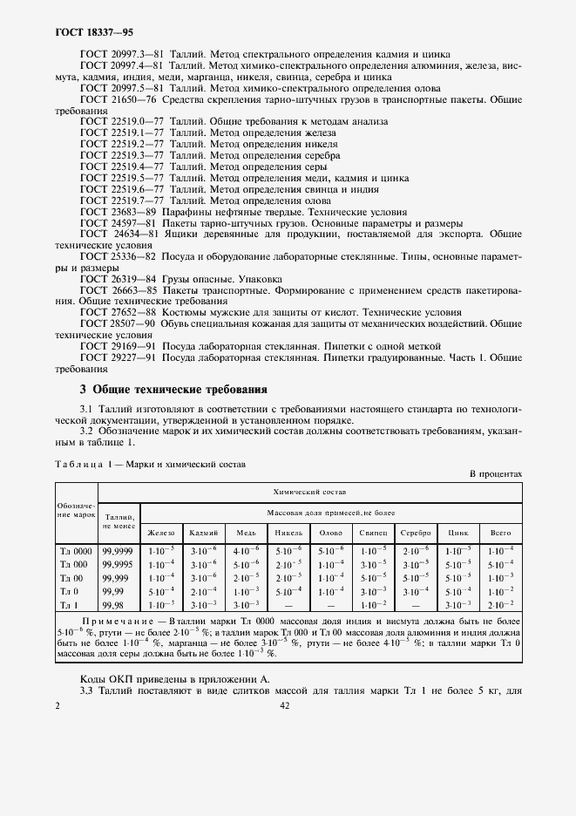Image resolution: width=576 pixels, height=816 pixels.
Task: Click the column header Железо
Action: pos(161,532)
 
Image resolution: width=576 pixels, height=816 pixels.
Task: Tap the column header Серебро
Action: pos(416,532)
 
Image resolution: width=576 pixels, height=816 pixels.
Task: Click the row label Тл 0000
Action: pos(75,551)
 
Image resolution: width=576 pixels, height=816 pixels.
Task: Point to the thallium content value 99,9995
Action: pos(119,564)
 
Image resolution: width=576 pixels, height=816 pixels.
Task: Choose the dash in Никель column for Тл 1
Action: pos(288,603)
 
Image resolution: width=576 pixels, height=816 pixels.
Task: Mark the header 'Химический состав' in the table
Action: pos(309,493)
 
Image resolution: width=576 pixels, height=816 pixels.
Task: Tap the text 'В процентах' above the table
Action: pos(495,473)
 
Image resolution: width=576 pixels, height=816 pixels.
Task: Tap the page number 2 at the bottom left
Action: pos(57,707)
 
